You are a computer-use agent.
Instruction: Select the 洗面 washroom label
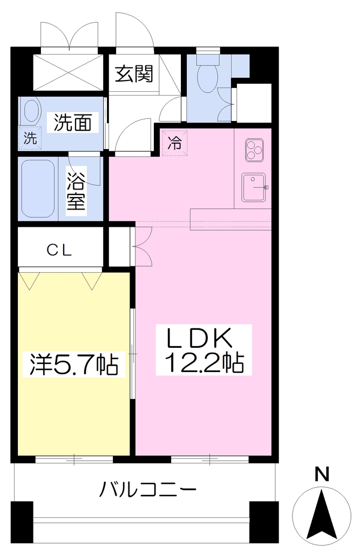point(73,123)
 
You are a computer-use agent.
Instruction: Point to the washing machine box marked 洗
point(30,138)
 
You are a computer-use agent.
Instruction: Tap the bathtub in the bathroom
point(38,190)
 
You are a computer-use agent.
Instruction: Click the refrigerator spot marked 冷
point(174,143)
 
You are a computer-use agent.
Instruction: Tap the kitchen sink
point(254,187)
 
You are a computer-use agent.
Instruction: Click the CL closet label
point(59,250)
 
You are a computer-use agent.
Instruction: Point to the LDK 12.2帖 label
point(204,349)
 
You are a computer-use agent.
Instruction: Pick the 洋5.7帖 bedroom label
point(74,364)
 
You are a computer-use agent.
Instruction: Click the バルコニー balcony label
point(147,489)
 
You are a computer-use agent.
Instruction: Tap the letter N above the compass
point(322,474)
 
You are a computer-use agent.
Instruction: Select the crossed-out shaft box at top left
point(68,73)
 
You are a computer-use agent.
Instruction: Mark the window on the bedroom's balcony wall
point(74,460)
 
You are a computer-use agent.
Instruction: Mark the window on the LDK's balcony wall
point(209,460)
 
